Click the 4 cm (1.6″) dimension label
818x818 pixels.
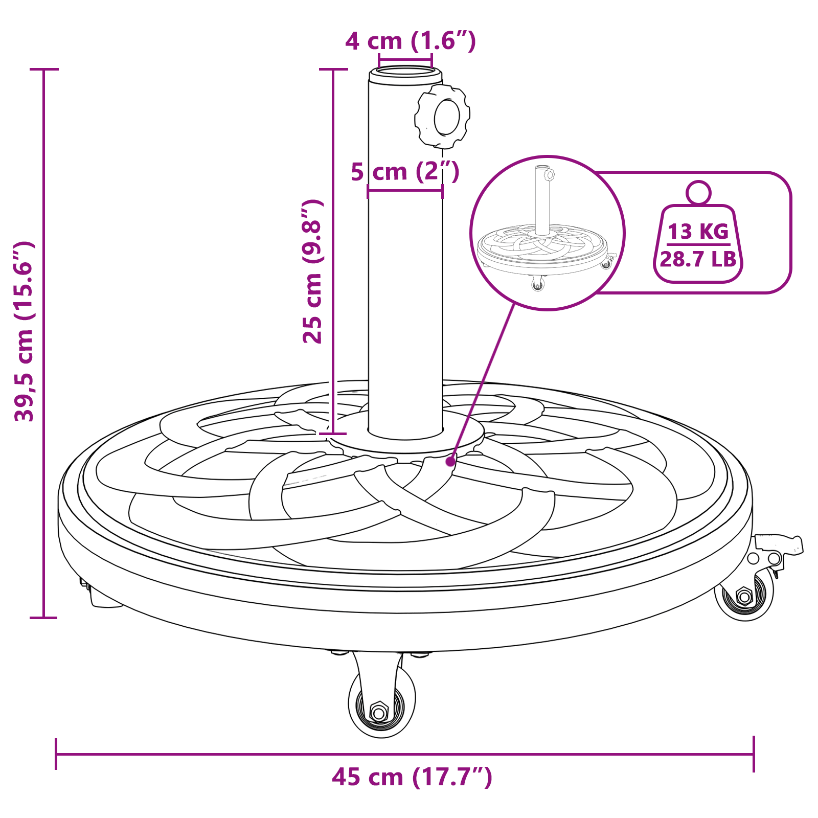[x=411, y=41]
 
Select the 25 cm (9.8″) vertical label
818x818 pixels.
[x=312, y=271]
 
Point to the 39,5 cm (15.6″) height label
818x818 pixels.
[x=24, y=331]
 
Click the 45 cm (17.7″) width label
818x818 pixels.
[x=412, y=777]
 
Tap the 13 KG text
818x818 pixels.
[x=698, y=232]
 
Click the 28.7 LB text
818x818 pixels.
[x=698, y=259]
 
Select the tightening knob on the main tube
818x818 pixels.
[x=442, y=117]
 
